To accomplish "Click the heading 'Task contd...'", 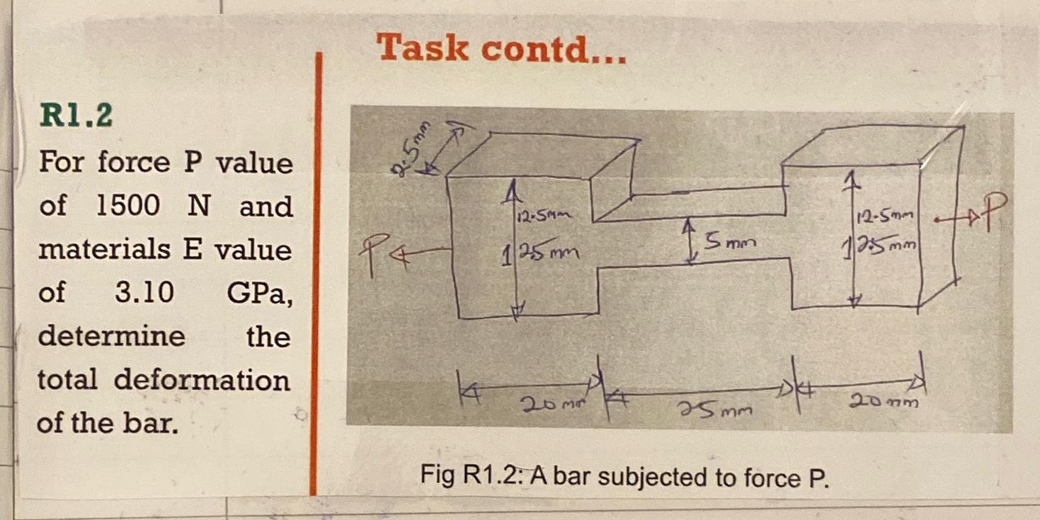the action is (501, 50).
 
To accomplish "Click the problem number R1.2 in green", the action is (75, 116).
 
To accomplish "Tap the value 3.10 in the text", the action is (144, 291).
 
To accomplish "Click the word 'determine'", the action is (111, 335).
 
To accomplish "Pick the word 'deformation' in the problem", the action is (202, 380).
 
